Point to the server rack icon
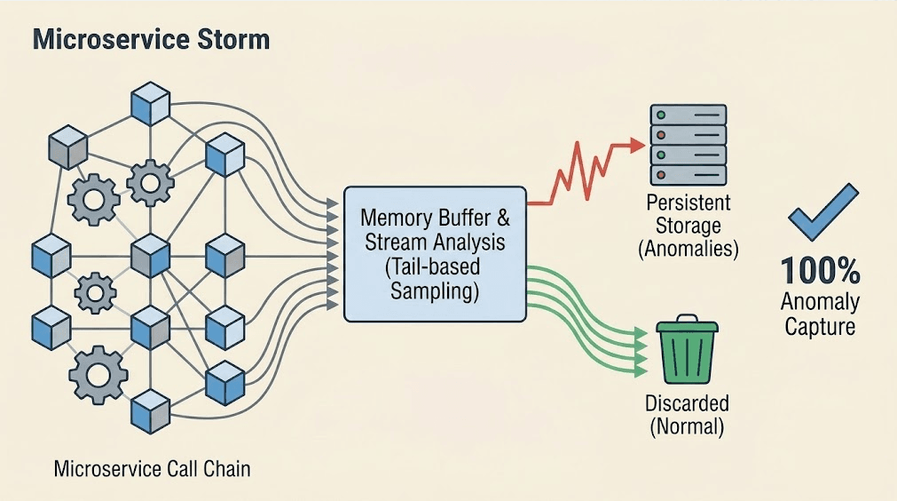(x=688, y=145)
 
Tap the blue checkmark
(x=822, y=213)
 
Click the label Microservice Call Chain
(x=152, y=469)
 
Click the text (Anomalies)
(x=688, y=250)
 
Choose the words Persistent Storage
(x=688, y=213)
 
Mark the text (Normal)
(x=687, y=426)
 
